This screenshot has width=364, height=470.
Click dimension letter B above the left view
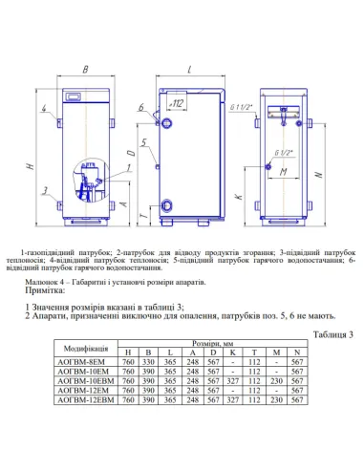click(85, 70)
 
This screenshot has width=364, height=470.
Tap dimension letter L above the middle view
click(190, 70)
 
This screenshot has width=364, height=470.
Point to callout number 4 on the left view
click(45, 109)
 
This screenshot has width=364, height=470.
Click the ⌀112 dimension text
click(177, 101)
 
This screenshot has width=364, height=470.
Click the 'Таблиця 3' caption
click(332, 335)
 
